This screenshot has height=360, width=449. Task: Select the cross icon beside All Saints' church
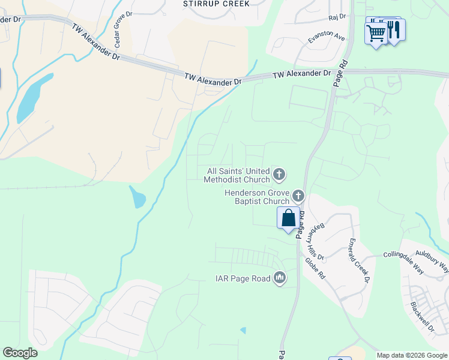[279, 175]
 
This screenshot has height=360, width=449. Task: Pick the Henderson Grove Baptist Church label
[256, 197]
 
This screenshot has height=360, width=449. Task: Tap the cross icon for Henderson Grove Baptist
[298, 196]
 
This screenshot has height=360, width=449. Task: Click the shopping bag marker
[288, 218]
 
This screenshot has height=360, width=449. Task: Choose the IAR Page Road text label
[243, 278]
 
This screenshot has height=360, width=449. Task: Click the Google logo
[20, 353]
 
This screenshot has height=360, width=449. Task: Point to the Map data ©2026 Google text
[411, 355]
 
